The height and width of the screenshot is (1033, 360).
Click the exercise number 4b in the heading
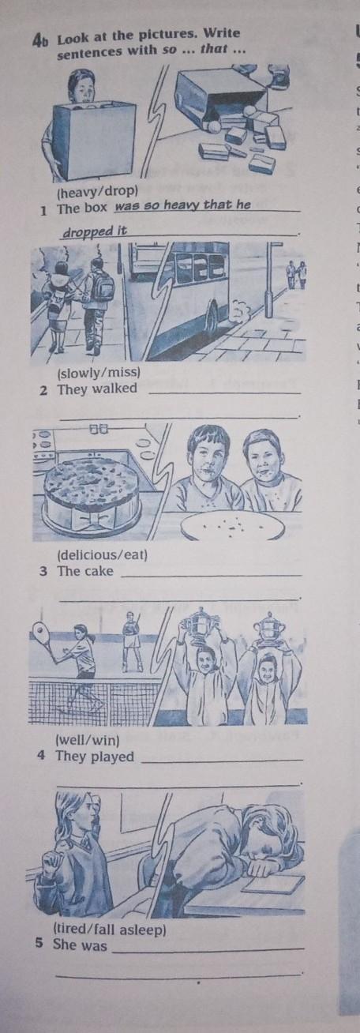tap(40, 41)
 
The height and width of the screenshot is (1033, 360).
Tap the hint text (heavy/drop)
tap(97, 190)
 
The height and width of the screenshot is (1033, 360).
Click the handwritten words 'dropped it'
tap(95, 231)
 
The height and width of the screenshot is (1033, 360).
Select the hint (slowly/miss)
tap(98, 373)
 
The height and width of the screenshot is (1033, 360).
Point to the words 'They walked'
tap(97, 389)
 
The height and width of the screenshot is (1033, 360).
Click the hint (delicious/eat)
tap(102, 554)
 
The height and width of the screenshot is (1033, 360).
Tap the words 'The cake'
tap(85, 571)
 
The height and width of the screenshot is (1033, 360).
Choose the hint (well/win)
tap(87, 741)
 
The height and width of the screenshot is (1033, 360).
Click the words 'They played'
tap(95, 757)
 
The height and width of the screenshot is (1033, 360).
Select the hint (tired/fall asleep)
tap(109, 930)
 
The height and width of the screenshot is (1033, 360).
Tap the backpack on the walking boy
tap(103, 287)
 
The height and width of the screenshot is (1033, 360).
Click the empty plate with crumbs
tap(232, 525)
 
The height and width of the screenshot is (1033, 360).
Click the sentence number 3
tap(43, 572)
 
